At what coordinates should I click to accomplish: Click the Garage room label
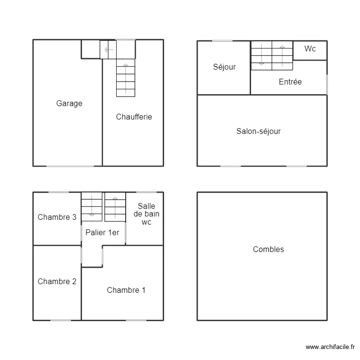coord(69,103)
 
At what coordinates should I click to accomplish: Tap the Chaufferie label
coord(134,117)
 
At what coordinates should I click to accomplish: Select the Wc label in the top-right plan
coord(310,49)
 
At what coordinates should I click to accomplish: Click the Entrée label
coord(290,82)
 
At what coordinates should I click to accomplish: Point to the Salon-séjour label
coord(258,131)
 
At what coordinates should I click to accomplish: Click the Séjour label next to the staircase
coord(224,67)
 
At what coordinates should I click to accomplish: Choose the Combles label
coord(268,249)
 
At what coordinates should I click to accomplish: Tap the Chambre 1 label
coord(126,290)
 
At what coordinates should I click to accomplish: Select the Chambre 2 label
coord(57,281)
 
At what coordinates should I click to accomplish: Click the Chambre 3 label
coord(57,217)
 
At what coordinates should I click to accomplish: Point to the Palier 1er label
coord(102,232)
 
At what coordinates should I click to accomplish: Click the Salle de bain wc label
coord(146,214)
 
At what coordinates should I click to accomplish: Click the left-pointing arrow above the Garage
coord(108,49)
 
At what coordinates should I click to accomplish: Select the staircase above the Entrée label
coord(272,55)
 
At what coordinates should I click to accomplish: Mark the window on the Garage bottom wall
coord(70,166)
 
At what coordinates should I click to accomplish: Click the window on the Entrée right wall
coord(327,84)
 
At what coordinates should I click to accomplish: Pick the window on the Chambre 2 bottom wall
coord(61,320)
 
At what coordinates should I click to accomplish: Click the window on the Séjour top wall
coord(222,41)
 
